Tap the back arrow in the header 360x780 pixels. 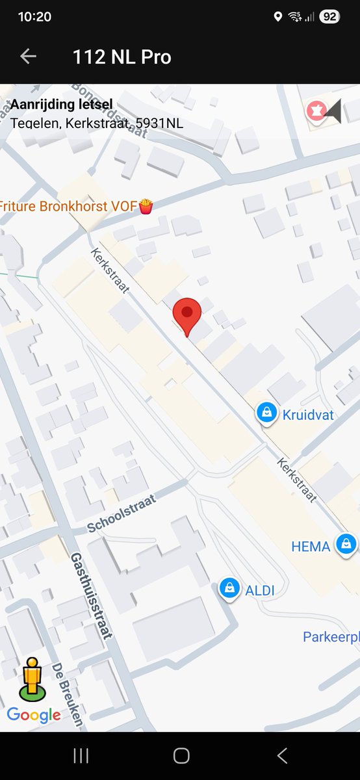click(x=28, y=57)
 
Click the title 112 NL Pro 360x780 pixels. click(x=122, y=57)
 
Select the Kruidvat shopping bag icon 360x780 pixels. click(x=266, y=413)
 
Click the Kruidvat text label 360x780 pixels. click(x=308, y=414)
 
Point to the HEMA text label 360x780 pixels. click(x=311, y=547)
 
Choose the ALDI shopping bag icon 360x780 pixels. click(x=229, y=589)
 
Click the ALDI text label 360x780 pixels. click(x=260, y=591)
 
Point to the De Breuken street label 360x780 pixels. click(x=68, y=694)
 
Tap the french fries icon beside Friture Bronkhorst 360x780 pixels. click(x=146, y=207)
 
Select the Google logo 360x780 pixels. click(x=34, y=716)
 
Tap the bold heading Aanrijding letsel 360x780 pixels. click(x=62, y=105)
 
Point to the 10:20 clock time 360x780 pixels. click(x=34, y=17)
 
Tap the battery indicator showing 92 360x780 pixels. click(x=329, y=17)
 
